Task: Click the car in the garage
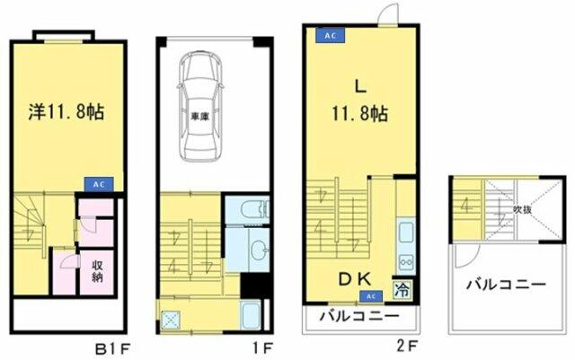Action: click(204, 105)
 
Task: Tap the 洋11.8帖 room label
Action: click(65, 112)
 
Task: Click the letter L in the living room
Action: click(358, 87)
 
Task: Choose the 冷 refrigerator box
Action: click(402, 290)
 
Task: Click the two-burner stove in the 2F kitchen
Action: click(404, 261)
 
